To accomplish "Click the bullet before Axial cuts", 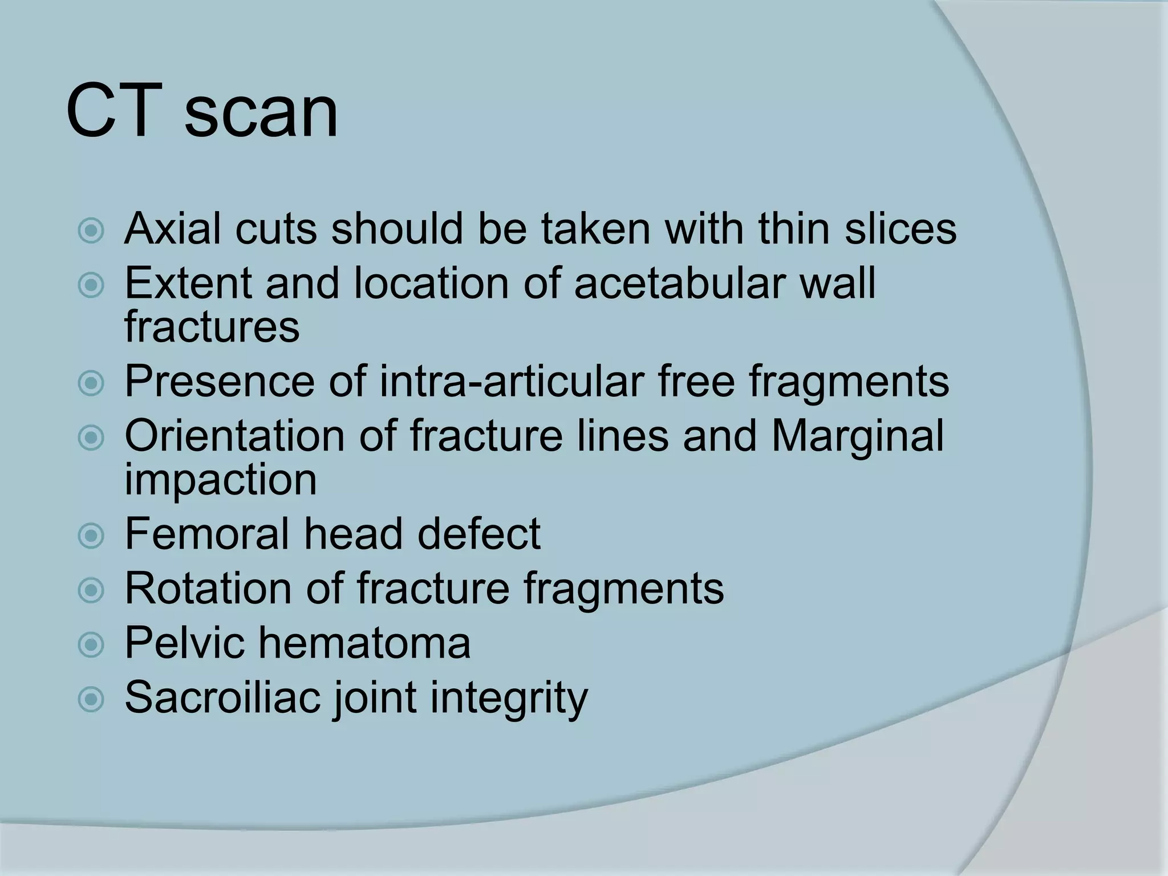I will click(x=91, y=231).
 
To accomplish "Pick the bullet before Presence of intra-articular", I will click(x=91, y=383).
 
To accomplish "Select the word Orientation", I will click(x=234, y=436).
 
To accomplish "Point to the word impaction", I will click(x=220, y=480).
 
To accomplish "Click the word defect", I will click(x=478, y=534).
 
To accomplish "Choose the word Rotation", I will click(x=208, y=588).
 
